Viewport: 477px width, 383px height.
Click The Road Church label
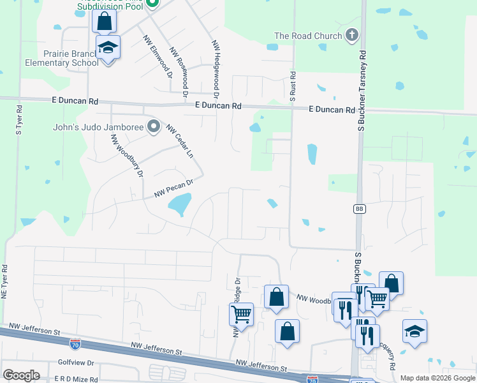click(x=308, y=36)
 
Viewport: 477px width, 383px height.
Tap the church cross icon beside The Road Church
click(x=351, y=36)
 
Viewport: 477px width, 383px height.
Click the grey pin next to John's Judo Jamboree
click(x=153, y=126)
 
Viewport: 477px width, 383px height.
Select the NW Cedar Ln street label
click(x=179, y=142)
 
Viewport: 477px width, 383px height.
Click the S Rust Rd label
click(x=293, y=87)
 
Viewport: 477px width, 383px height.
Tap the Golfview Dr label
click(x=76, y=363)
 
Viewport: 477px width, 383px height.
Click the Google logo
click(x=21, y=375)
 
